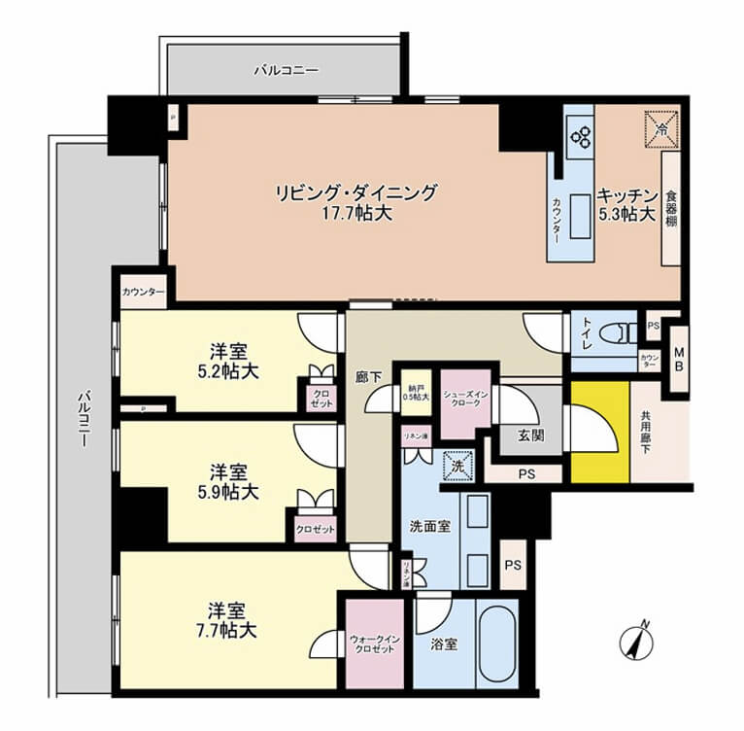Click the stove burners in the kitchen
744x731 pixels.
click(x=581, y=137)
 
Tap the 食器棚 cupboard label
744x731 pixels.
click(x=671, y=208)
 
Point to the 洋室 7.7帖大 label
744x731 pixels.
click(x=231, y=620)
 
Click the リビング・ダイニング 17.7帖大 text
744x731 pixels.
click(x=356, y=202)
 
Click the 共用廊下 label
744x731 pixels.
click(x=647, y=432)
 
